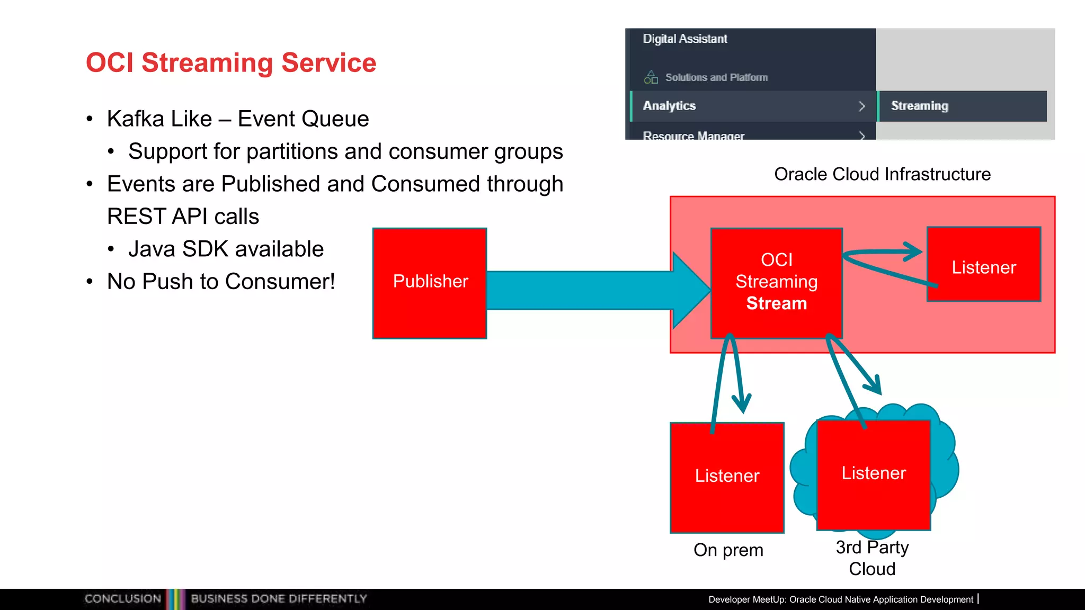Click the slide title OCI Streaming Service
(x=231, y=62)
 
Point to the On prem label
(x=728, y=550)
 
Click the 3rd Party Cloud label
(x=872, y=558)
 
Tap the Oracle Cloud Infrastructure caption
(x=882, y=174)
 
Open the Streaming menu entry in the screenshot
(x=920, y=106)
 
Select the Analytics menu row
(x=752, y=106)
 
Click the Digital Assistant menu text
(x=685, y=39)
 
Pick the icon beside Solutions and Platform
(x=651, y=77)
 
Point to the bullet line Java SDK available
(x=226, y=249)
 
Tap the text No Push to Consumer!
(x=221, y=282)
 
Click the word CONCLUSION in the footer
(x=123, y=599)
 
